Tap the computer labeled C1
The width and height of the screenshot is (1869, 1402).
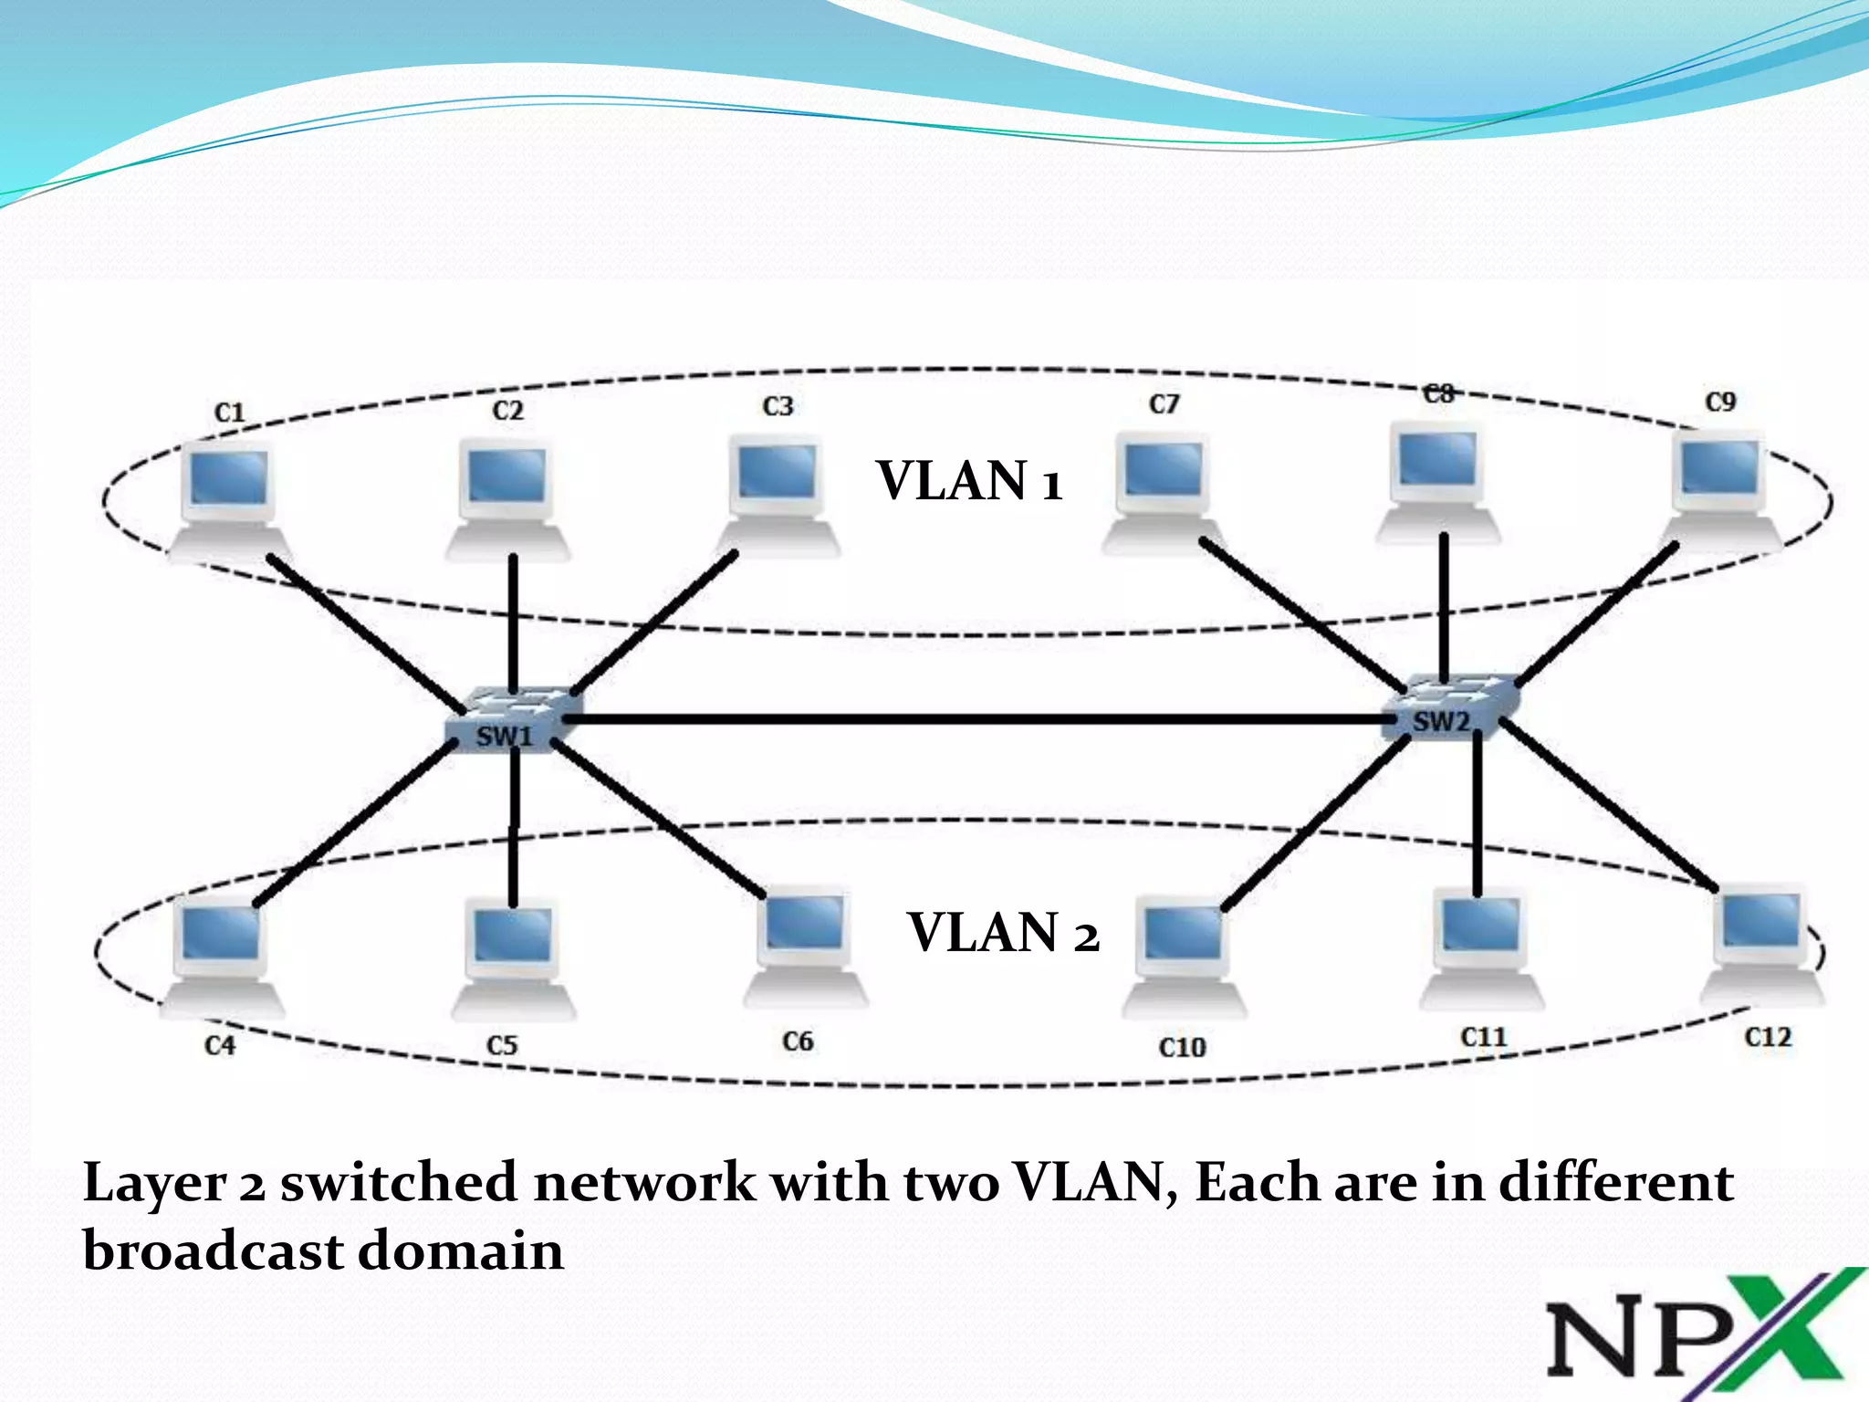[228, 497]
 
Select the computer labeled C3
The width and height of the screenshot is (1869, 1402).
[778, 493]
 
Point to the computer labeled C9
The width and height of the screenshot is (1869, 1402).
[1721, 488]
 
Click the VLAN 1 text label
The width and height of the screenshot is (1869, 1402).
[969, 481]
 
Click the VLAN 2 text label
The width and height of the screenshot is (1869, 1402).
[1002, 933]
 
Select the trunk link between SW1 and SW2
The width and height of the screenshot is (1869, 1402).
[976, 719]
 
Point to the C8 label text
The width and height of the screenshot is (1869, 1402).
[1439, 394]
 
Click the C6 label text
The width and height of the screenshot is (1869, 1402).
[798, 1041]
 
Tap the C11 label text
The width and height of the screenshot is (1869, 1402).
[1483, 1038]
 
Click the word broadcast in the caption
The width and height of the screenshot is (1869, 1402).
[212, 1250]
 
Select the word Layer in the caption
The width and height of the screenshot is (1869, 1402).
[153, 1185]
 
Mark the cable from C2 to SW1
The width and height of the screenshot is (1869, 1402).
[513, 621]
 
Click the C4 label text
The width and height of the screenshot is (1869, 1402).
[220, 1045]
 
